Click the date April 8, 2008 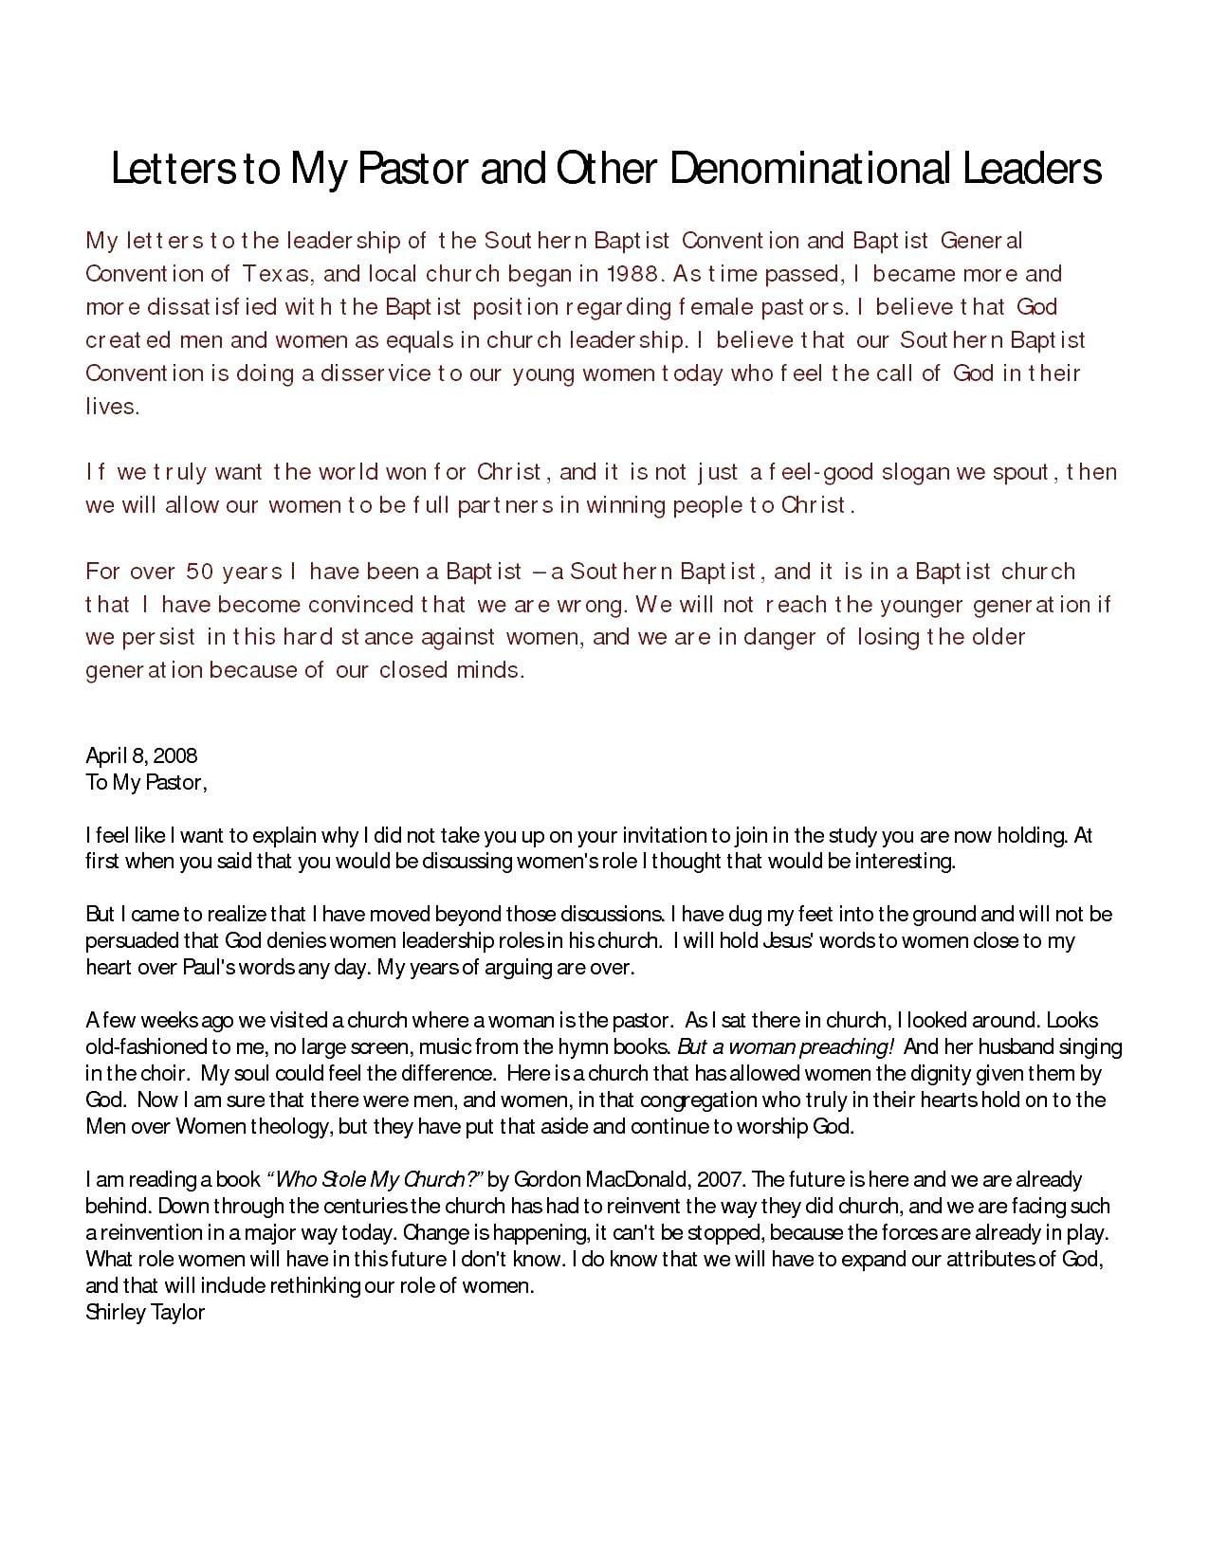pos(141,755)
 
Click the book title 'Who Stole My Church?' pos(376,1180)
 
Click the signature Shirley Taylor pos(145,1313)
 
